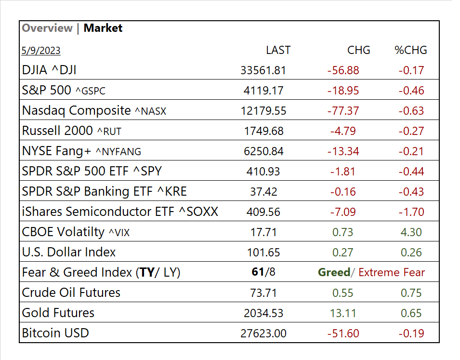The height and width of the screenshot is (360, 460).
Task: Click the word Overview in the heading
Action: (47, 28)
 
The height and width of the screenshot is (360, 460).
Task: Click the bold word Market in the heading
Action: (103, 28)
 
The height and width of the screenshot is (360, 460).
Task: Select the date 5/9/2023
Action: (41, 51)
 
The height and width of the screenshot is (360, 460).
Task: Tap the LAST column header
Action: (278, 50)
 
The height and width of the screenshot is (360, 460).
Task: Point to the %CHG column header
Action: (411, 50)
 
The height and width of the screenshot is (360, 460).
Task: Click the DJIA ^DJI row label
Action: (49, 70)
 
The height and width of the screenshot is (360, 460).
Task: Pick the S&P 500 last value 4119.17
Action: (263, 91)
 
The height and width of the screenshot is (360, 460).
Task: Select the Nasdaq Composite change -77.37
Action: (343, 111)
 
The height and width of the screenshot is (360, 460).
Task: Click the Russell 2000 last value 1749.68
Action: (263, 131)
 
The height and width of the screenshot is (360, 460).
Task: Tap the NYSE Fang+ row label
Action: (81, 151)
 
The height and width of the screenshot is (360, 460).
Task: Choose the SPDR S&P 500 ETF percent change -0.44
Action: (411, 172)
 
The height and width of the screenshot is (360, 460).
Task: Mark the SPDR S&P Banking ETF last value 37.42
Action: (263, 192)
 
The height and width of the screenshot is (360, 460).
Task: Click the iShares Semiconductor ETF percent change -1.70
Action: (411, 212)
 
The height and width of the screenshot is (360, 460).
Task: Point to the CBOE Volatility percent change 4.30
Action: (411, 232)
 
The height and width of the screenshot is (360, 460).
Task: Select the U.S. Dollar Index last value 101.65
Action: (263, 253)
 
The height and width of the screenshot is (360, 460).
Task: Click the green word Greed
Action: (334, 272)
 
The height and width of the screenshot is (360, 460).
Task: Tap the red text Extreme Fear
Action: (392, 273)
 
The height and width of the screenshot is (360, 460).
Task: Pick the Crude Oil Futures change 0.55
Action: (343, 293)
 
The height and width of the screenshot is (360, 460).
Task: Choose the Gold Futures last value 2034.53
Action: (263, 313)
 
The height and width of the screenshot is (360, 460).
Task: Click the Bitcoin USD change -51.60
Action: (343, 333)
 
